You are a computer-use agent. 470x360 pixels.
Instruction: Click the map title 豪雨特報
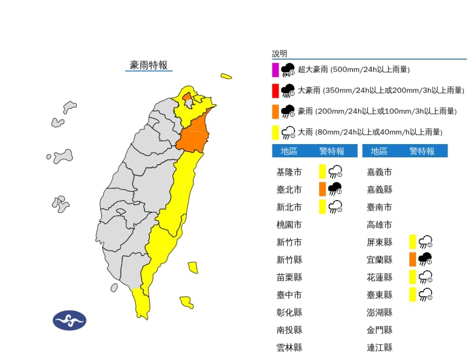(149, 65)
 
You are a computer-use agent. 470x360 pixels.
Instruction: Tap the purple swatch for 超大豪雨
(275, 69)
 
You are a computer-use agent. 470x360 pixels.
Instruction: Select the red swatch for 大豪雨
(275, 91)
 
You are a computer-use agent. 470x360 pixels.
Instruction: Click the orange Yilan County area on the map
(194, 134)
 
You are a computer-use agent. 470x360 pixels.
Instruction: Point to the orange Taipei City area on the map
(187, 97)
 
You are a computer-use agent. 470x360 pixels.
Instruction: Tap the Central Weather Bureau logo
(69, 320)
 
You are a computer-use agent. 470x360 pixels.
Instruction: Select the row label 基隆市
(289, 172)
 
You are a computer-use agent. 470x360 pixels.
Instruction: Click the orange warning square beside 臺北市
(322, 189)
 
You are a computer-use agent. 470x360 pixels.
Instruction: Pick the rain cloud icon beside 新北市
(335, 207)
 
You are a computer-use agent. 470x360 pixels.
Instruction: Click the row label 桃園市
(289, 225)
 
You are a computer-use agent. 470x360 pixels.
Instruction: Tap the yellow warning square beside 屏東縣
(412, 242)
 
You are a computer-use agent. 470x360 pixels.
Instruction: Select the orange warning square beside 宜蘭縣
(412, 260)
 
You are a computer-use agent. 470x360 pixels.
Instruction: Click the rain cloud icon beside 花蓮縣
(425, 277)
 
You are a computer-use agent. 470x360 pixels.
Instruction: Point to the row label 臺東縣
(380, 295)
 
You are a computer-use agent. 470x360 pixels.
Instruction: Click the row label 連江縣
(380, 348)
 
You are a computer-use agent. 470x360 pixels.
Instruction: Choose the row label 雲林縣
(289, 348)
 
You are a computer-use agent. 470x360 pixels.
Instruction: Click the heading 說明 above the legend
(280, 53)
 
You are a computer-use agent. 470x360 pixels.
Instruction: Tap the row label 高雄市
(380, 225)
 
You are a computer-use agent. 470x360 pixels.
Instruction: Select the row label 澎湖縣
(380, 312)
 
